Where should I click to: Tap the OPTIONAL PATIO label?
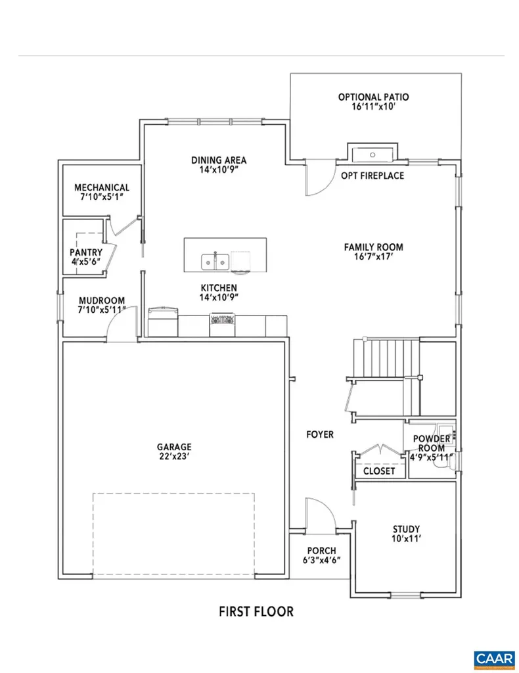click(x=373, y=97)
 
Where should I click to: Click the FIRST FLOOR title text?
click(x=256, y=611)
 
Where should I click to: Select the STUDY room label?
click(x=406, y=530)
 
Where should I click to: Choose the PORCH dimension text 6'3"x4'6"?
click(x=321, y=561)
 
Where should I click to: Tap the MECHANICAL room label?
click(x=101, y=188)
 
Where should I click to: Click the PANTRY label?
click(x=86, y=252)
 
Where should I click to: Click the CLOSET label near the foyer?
click(x=379, y=471)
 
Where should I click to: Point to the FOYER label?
click(x=320, y=434)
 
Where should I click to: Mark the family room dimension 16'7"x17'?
click(x=373, y=258)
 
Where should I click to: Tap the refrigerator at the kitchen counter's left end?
click(x=162, y=321)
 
